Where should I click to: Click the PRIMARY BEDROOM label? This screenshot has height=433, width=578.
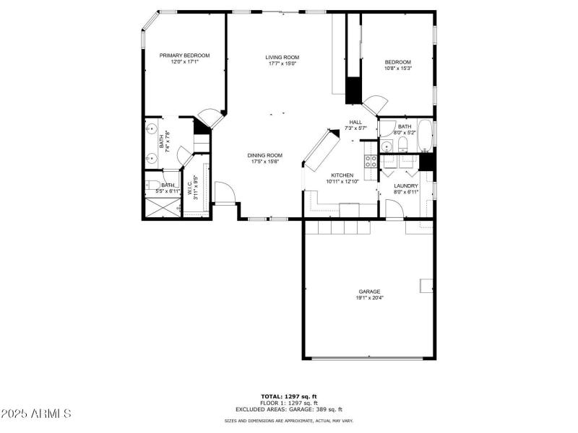(184, 56)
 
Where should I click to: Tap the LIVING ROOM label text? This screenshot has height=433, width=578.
(282, 57)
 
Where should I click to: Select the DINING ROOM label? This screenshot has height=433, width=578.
(265, 155)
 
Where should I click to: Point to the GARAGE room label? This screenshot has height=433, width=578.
(369, 292)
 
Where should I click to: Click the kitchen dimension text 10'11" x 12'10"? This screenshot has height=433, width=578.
(342, 182)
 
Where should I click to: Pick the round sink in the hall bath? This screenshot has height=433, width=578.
(387, 145)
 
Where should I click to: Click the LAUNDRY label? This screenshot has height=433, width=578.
(406, 185)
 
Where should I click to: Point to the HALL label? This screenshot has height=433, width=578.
(355, 122)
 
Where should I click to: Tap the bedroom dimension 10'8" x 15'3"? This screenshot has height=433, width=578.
(397, 69)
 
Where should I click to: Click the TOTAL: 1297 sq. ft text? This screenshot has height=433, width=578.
(288, 396)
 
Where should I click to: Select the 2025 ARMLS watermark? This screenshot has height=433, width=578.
(36, 414)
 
